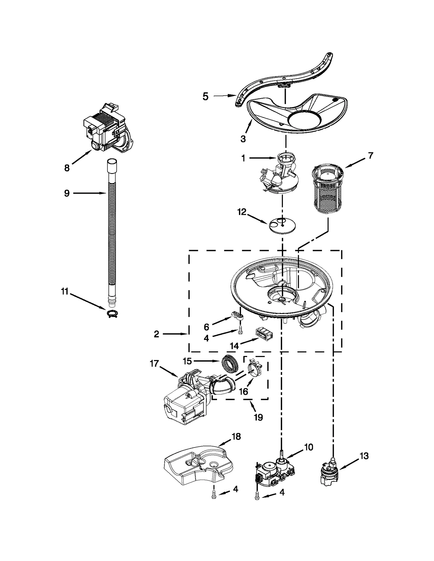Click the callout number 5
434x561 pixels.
click(x=205, y=96)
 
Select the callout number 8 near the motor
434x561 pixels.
click(x=67, y=168)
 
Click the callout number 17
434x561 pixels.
click(x=154, y=364)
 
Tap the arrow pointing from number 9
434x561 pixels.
click(x=90, y=193)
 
